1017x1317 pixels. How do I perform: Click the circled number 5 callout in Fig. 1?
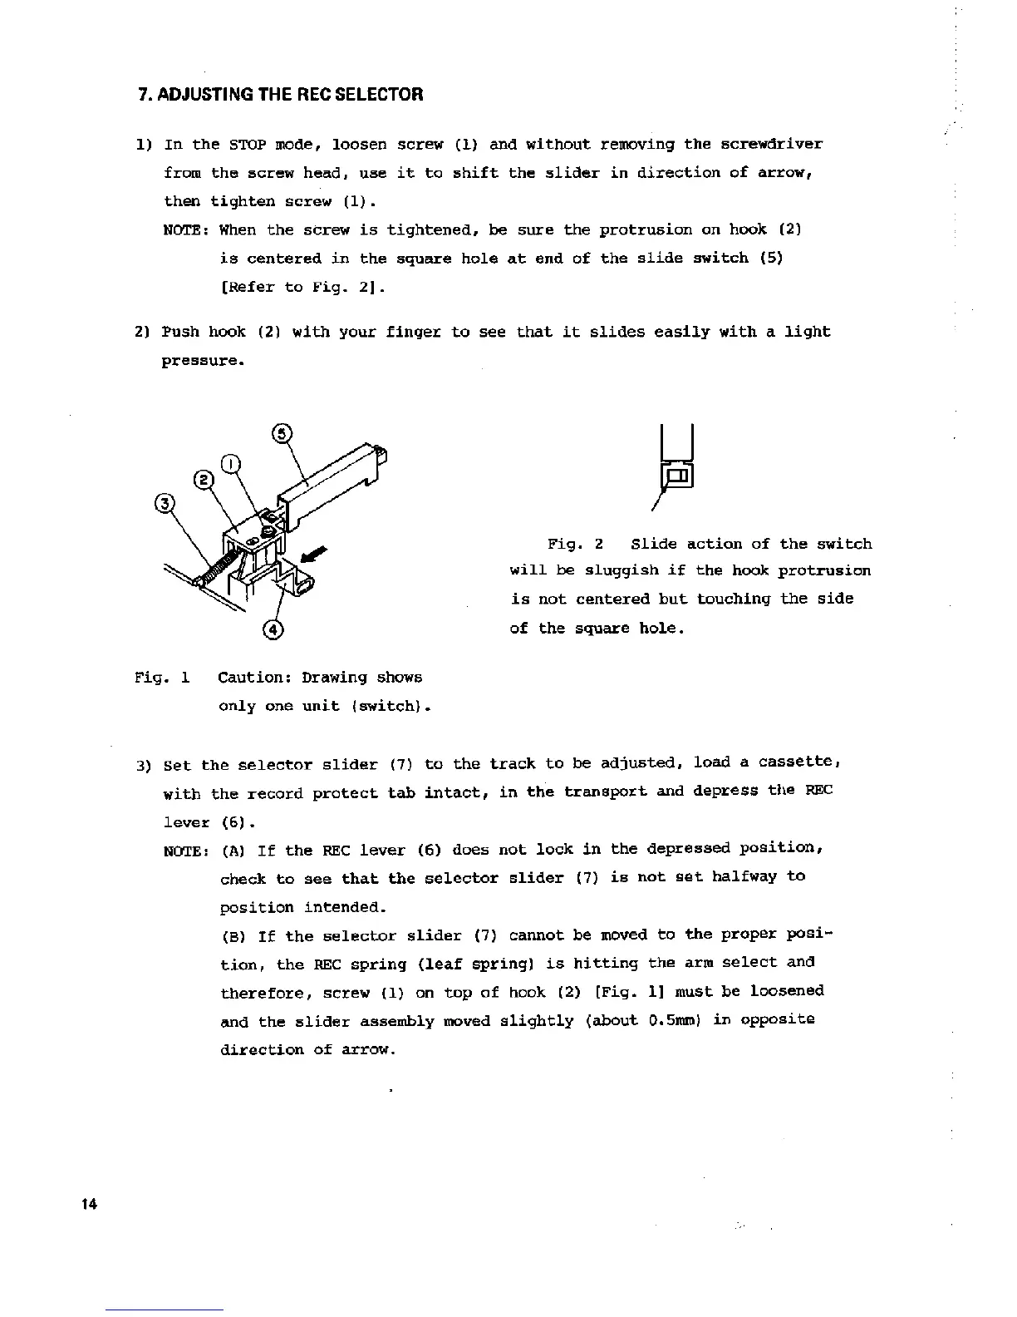(x=282, y=433)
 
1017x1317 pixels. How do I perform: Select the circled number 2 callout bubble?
(x=204, y=479)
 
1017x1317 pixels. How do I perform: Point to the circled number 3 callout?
(x=165, y=503)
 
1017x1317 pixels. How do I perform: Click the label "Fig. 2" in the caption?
(x=574, y=545)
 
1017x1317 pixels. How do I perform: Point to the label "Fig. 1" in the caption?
(x=163, y=678)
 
